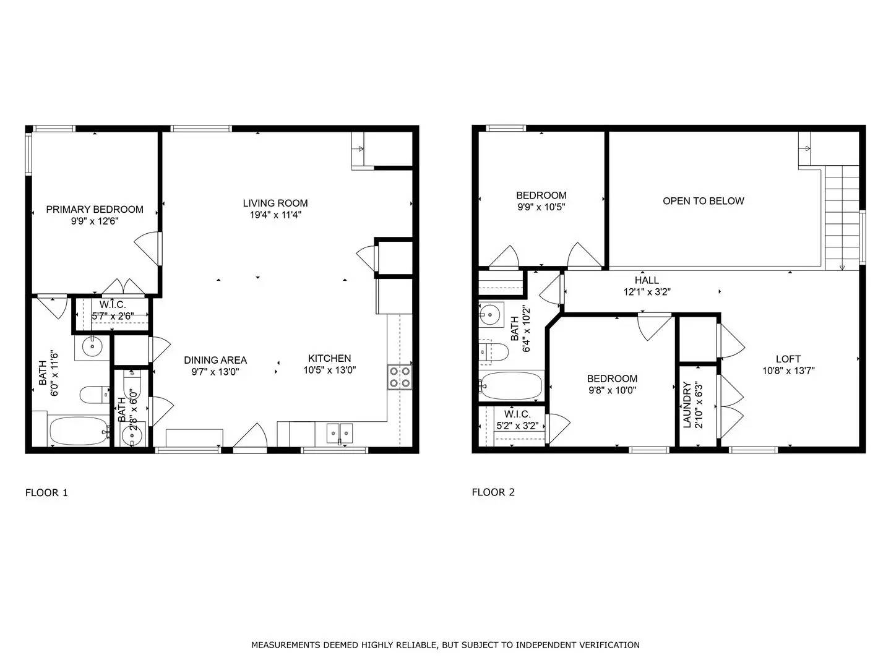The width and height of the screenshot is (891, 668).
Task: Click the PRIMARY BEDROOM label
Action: tap(95, 209)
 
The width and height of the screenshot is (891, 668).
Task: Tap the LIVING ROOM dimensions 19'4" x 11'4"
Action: tap(275, 215)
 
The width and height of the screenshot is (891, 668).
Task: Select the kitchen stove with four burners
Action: tap(400, 377)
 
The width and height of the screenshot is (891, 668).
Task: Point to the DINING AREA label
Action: tap(215, 360)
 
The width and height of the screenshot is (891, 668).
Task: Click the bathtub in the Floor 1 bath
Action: tap(78, 430)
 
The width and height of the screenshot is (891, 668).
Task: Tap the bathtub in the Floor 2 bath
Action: tap(512, 385)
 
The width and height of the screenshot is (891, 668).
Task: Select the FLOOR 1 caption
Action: tap(46, 493)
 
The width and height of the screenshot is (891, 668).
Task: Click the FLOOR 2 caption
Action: tap(493, 492)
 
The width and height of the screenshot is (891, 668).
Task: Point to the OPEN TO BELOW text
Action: tap(703, 201)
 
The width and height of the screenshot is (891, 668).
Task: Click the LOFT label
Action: tap(788, 359)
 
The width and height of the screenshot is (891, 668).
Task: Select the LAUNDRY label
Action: tap(687, 405)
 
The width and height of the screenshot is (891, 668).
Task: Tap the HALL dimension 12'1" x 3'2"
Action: tap(647, 292)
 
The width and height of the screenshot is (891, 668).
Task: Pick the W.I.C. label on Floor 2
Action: tap(517, 414)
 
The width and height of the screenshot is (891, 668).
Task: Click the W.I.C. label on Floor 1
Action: tap(113, 304)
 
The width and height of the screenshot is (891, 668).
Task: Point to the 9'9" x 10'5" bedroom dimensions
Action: tap(541, 207)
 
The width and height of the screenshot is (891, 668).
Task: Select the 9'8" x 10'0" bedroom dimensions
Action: tap(611, 390)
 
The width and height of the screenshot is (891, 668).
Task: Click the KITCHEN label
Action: tap(329, 358)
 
